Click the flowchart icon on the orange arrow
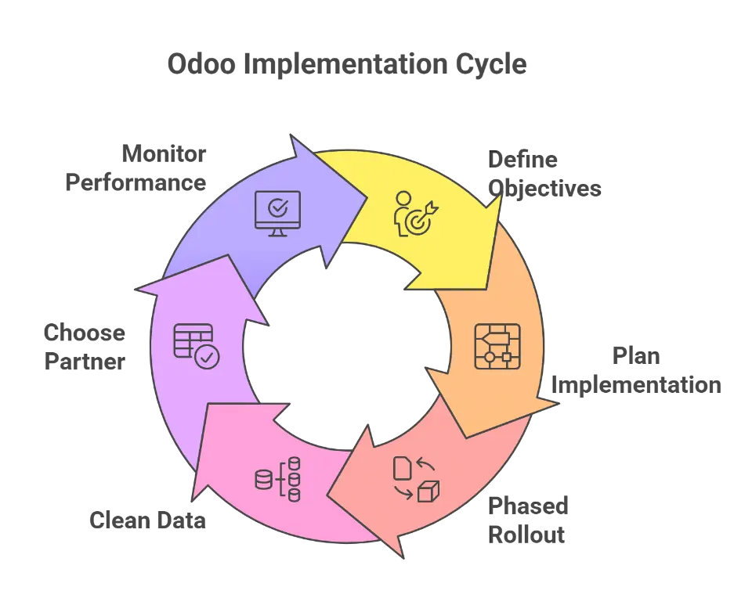point(497,346)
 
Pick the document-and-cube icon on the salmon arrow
point(416,478)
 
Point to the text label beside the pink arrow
point(147,520)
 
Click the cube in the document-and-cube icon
point(428,491)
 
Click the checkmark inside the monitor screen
point(277,207)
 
